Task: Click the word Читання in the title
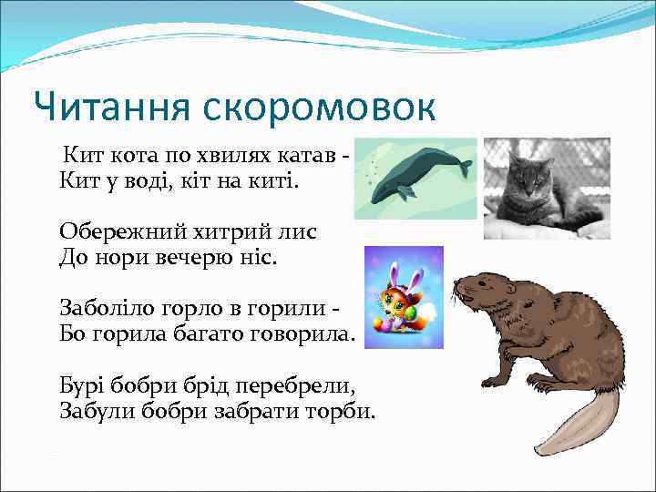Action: click(104, 108)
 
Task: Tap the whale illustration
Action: click(415, 178)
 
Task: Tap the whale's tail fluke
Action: click(463, 168)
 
